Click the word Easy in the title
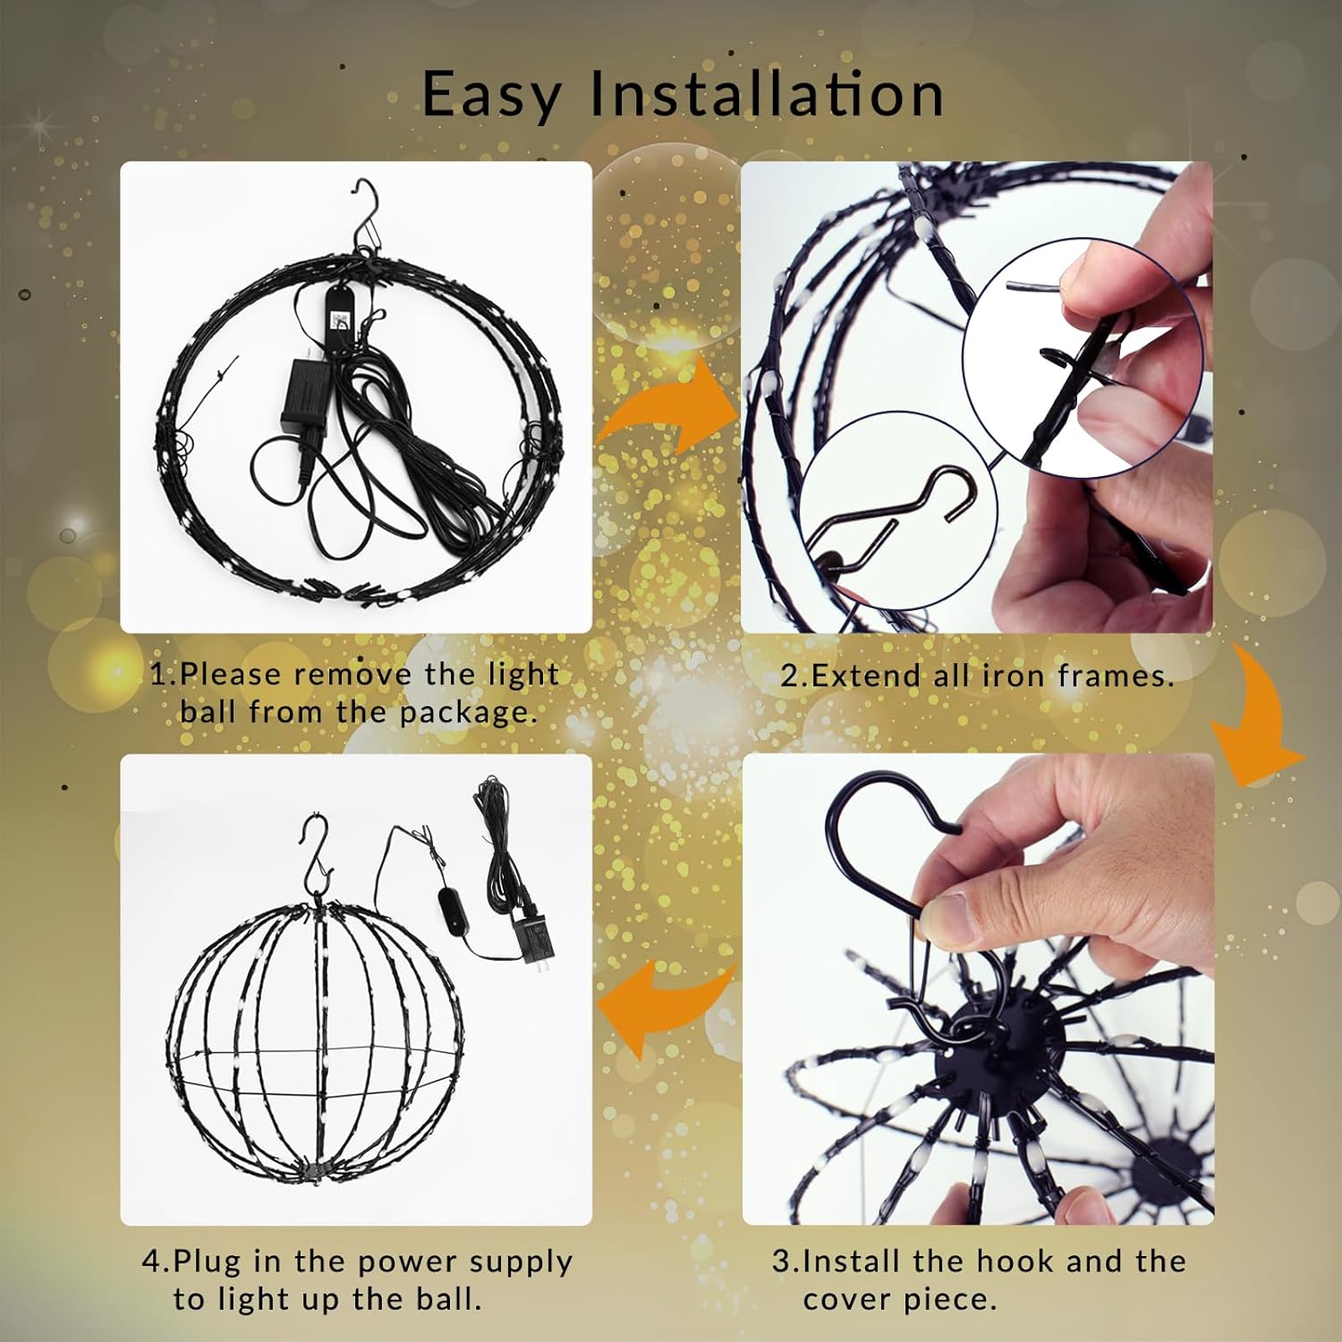coord(489,94)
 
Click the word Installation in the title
coord(767,94)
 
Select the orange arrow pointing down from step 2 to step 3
coord(1257,725)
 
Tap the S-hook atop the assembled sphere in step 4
coord(313,854)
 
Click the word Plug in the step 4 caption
coord(208,1261)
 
